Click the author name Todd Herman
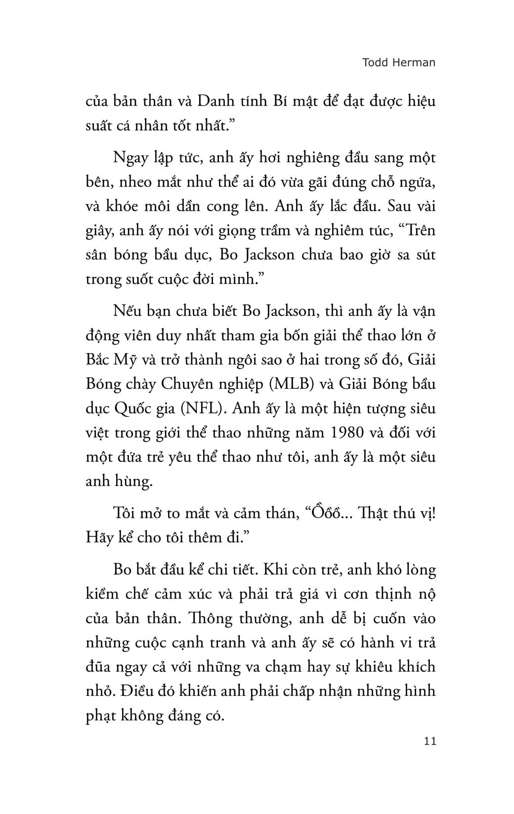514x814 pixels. click(399, 63)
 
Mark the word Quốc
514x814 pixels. click(135, 408)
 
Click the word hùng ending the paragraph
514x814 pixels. click(134, 481)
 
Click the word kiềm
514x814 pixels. click(102, 594)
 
